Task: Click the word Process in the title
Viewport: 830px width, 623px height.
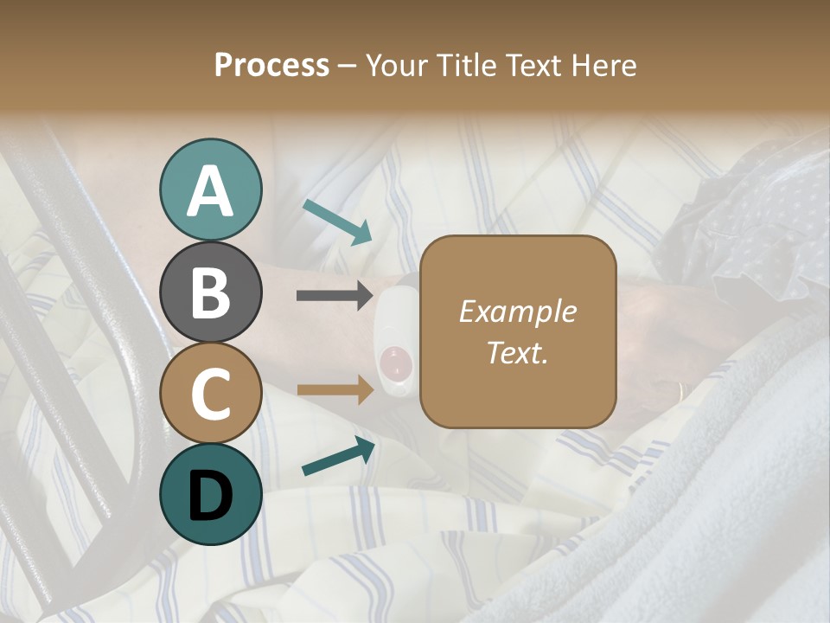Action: (271, 66)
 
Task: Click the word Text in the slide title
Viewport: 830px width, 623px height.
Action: (533, 66)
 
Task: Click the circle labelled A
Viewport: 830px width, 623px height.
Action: (210, 189)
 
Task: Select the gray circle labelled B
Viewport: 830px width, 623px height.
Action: (210, 291)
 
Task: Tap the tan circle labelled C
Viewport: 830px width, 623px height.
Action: (210, 393)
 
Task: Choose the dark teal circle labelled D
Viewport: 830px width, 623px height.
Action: (210, 494)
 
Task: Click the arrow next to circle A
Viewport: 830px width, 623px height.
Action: (338, 222)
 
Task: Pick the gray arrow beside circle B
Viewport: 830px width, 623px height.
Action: (335, 295)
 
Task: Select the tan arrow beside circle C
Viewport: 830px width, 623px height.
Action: (335, 389)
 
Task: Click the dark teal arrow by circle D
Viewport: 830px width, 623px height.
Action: (338, 457)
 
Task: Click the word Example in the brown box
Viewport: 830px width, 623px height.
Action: (517, 311)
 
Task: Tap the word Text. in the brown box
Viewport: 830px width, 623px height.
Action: (517, 353)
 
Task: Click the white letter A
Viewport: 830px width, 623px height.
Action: (210, 191)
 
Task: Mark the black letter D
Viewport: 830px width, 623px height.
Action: (210, 496)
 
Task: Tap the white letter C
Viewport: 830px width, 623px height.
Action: (210, 395)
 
